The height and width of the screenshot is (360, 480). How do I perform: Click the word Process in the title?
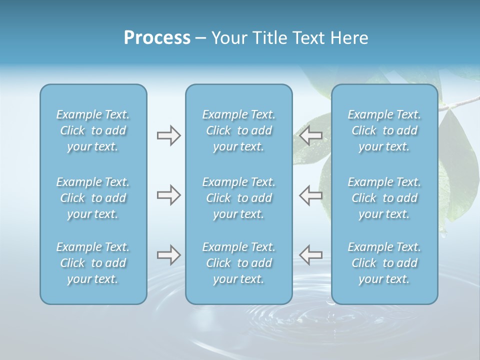(x=157, y=38)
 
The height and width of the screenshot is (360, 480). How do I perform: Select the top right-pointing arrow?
(x=168, y=135)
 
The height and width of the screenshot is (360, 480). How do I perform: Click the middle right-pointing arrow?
(x=168, y=195)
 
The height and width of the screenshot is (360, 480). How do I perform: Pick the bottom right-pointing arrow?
(x=168, y=255)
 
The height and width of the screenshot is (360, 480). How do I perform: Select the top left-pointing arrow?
(x=310, y=135)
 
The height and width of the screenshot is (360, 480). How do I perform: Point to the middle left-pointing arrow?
(x=310, y=195)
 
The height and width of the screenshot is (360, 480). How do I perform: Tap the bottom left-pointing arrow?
(x=310, y=255)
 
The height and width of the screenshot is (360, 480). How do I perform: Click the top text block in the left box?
(x=93, y=130)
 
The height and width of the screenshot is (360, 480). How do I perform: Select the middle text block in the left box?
(x=93, y=198)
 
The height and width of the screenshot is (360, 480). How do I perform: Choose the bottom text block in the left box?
(x=93, y=263)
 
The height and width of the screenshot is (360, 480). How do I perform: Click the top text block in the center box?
(x=238, y=130)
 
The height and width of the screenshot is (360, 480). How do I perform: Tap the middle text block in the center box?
(x=238, y=198)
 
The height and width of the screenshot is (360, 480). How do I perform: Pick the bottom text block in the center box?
(x=238, y=263)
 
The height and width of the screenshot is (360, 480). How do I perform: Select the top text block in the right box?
(x=384, y=130)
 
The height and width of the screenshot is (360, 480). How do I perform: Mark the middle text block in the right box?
(x=384, y=198)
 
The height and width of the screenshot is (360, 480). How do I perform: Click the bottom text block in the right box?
(x=384, y=263)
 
